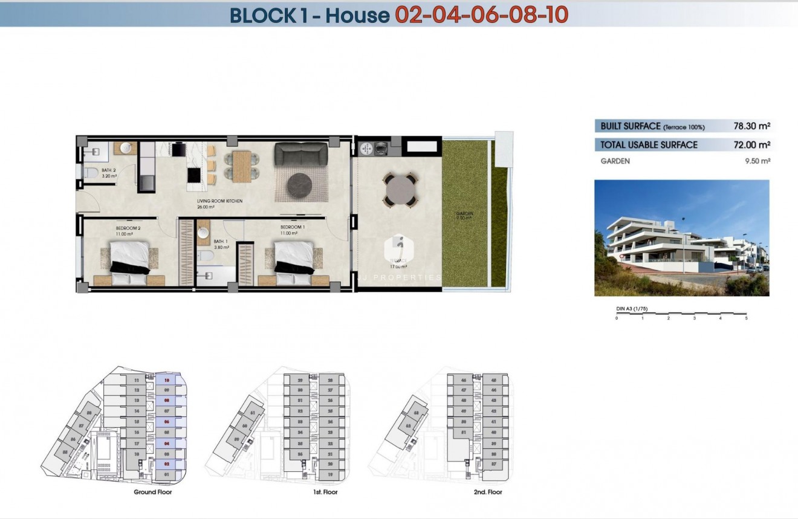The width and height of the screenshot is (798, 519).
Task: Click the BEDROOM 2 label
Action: [128, 228]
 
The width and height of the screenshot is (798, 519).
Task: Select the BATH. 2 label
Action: [109, 170]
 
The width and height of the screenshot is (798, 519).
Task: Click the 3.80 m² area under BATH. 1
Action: [221, 247]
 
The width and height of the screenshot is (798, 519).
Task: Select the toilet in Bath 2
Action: [90, 174]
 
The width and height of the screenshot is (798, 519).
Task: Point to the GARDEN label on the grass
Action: [465, 213]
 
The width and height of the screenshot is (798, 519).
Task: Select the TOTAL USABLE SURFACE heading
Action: [649, 145]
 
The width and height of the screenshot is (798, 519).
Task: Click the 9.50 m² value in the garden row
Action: [757, 161]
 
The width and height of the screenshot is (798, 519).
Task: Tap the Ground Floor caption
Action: [153, 492]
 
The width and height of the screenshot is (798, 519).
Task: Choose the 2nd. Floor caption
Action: [488, 492]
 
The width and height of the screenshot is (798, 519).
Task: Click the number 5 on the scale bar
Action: [747, 318]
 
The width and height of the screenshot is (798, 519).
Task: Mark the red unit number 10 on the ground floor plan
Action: [166, 380]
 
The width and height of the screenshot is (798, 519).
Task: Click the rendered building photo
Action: [681, 237]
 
